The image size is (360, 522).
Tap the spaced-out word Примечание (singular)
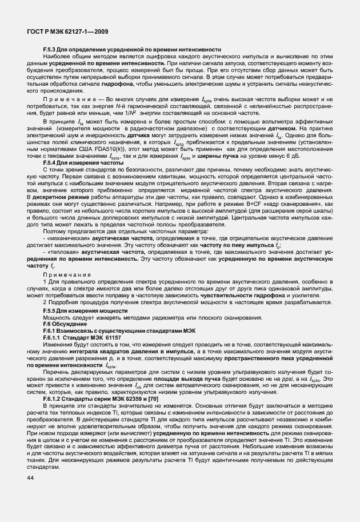tap(63, 100)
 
